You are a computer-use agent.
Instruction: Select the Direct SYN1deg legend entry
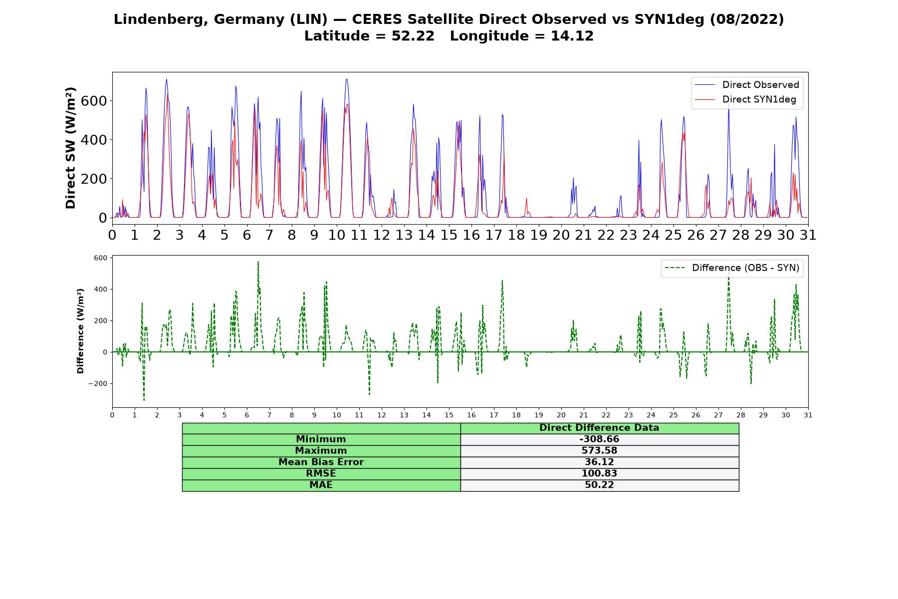pos(746,100)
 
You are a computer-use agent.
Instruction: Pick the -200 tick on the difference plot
pos(98,383)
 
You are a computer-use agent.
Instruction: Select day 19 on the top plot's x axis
pos(539,235)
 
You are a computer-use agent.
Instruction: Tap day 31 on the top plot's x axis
pos(808,235)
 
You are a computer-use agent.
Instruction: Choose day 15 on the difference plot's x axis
pos(449,415)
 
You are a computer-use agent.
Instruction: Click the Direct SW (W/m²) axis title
pos(70,148)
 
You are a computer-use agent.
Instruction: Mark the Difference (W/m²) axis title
pos(80,331)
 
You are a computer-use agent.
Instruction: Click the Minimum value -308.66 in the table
pos(599,439)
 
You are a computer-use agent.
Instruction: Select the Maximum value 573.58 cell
pos(599,451)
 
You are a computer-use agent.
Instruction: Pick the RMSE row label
pos(321,474)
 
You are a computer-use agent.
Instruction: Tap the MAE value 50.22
pos(599,485)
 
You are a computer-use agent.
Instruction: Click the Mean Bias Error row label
pos(321,462)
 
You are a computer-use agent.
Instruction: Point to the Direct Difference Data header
pos(599,428)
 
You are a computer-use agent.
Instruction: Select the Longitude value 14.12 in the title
pos(572,36)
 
